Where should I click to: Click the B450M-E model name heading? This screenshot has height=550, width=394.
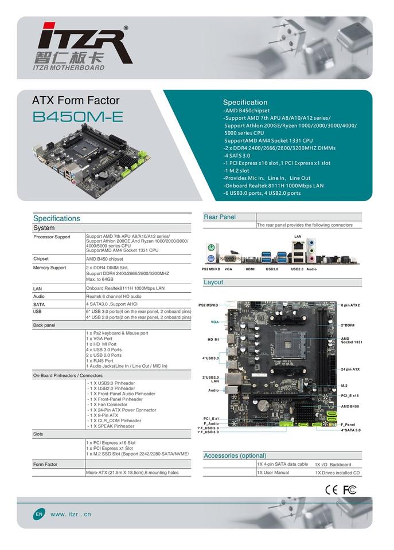pos(77,117)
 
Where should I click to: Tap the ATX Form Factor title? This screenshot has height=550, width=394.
pos(76,100)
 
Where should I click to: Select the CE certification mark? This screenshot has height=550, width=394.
pos(331,490)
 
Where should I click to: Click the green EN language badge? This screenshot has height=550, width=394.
pos(39,514)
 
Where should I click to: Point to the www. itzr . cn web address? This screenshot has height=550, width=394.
pos(71,514)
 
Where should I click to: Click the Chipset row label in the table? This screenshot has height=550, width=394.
pos(41,259)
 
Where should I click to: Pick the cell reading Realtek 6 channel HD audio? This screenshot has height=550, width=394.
pos(114,296)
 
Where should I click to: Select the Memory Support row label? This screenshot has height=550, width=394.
pos(49,268)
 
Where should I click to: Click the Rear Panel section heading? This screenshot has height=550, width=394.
pos(220,217)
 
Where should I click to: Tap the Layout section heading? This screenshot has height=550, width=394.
pos(213,282)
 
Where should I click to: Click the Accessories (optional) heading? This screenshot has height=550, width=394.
pos(235,455)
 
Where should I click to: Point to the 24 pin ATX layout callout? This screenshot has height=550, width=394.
pos(350,370)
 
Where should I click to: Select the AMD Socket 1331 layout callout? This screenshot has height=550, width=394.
pos(352,340)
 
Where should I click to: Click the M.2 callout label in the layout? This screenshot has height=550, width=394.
pos(344,386)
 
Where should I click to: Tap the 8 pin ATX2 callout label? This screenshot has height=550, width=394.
pos(350,305)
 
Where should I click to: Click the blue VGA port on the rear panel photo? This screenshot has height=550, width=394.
pos(231,258)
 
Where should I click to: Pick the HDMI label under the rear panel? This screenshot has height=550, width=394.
pos(250,269)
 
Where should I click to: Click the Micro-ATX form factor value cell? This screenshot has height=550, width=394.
pos(132,473)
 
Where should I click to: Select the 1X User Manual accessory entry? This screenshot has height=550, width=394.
pos(273,473)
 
